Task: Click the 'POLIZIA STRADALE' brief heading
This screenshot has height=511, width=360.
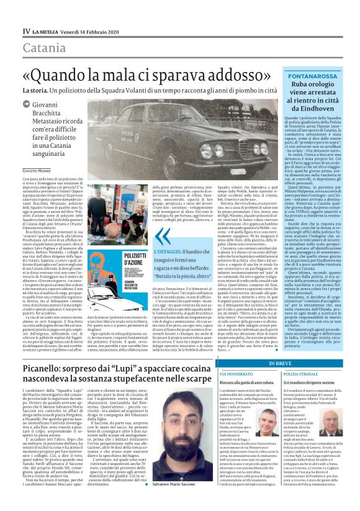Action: pyautogui.click(x=302, y=358)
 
